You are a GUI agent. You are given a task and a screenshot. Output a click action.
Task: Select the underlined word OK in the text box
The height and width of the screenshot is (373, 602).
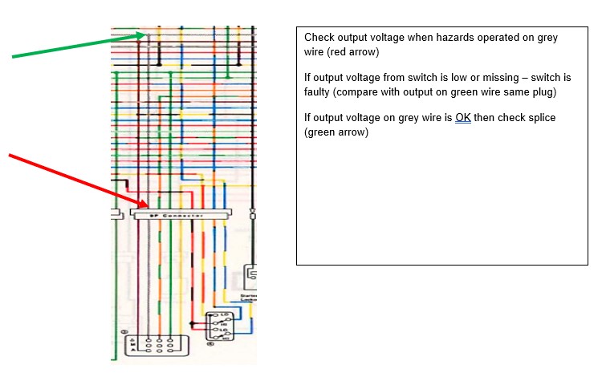pos(463,118)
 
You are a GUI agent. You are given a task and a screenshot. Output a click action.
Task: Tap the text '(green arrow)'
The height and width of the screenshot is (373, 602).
pos(336,132)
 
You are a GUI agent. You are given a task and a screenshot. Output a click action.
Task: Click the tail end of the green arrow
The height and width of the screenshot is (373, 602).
pos(13,57)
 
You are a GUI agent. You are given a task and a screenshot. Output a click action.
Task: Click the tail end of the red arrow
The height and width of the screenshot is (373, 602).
pos(10,153)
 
